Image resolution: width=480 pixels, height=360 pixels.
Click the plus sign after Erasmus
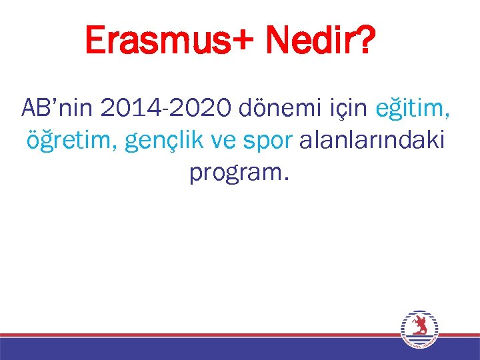[243, 43]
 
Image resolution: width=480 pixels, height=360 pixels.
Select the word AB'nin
[54, 107]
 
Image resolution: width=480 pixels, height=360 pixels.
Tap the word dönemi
[270, 107]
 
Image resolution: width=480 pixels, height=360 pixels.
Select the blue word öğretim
[67, 141]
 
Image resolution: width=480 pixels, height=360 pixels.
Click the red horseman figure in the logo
[421, 325]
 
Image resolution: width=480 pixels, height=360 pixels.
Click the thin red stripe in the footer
[200, 335]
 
